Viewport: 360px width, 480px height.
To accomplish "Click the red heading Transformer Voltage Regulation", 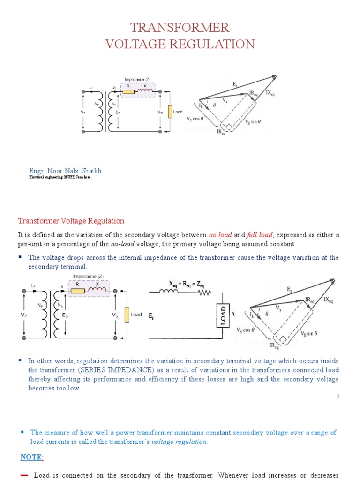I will pos(71,221).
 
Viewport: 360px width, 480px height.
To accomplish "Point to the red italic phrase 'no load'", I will pos(219,235).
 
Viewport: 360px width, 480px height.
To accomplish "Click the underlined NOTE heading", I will pos(32,457).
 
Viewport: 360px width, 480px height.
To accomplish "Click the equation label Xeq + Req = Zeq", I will pos(187,284).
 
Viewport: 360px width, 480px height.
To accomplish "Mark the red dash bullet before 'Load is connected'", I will pos(24,475).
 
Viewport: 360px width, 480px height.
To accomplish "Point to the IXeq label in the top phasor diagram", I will pos(270,93).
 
